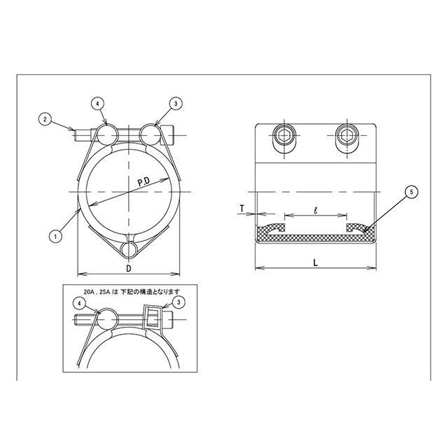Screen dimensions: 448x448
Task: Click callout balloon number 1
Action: coord(55,237)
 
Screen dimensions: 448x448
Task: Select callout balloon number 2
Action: coord(45,119)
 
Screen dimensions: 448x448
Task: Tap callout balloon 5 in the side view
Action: coord(412,192)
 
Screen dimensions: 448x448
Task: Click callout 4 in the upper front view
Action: coord(97,104)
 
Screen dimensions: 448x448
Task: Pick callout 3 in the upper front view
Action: coord(176,104)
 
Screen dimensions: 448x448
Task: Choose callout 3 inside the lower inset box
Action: coord(179,302)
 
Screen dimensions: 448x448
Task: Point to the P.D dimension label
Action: coord(144,182)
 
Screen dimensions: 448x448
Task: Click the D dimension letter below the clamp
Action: coord(129,268)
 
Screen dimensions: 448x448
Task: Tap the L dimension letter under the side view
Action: coord(316,262)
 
